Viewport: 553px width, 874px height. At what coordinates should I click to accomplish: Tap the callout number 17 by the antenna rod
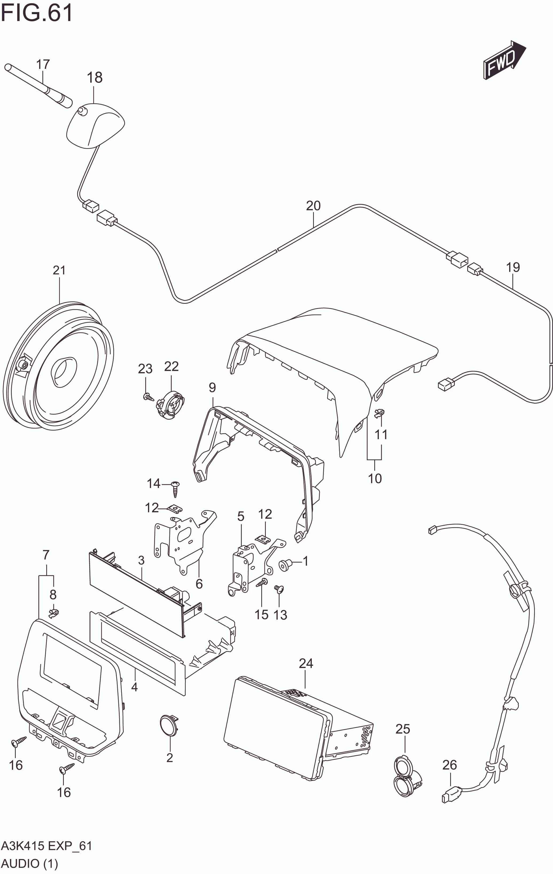coord(43,65)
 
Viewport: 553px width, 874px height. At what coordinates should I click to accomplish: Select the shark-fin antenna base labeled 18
coord(95,125)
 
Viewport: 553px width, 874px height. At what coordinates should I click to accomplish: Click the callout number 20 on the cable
coord(313,206)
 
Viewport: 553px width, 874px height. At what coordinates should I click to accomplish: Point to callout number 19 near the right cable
coord(513,267)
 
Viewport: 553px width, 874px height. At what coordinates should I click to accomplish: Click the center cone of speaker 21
coord(64,371)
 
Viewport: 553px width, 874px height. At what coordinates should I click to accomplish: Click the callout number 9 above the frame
coord(212,388)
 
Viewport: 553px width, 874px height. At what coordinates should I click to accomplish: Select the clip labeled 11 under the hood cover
coord(379,413)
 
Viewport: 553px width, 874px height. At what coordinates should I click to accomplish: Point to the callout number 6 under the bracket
coord(199,584)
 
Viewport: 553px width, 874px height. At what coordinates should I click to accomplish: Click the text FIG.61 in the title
coord(36,13)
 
